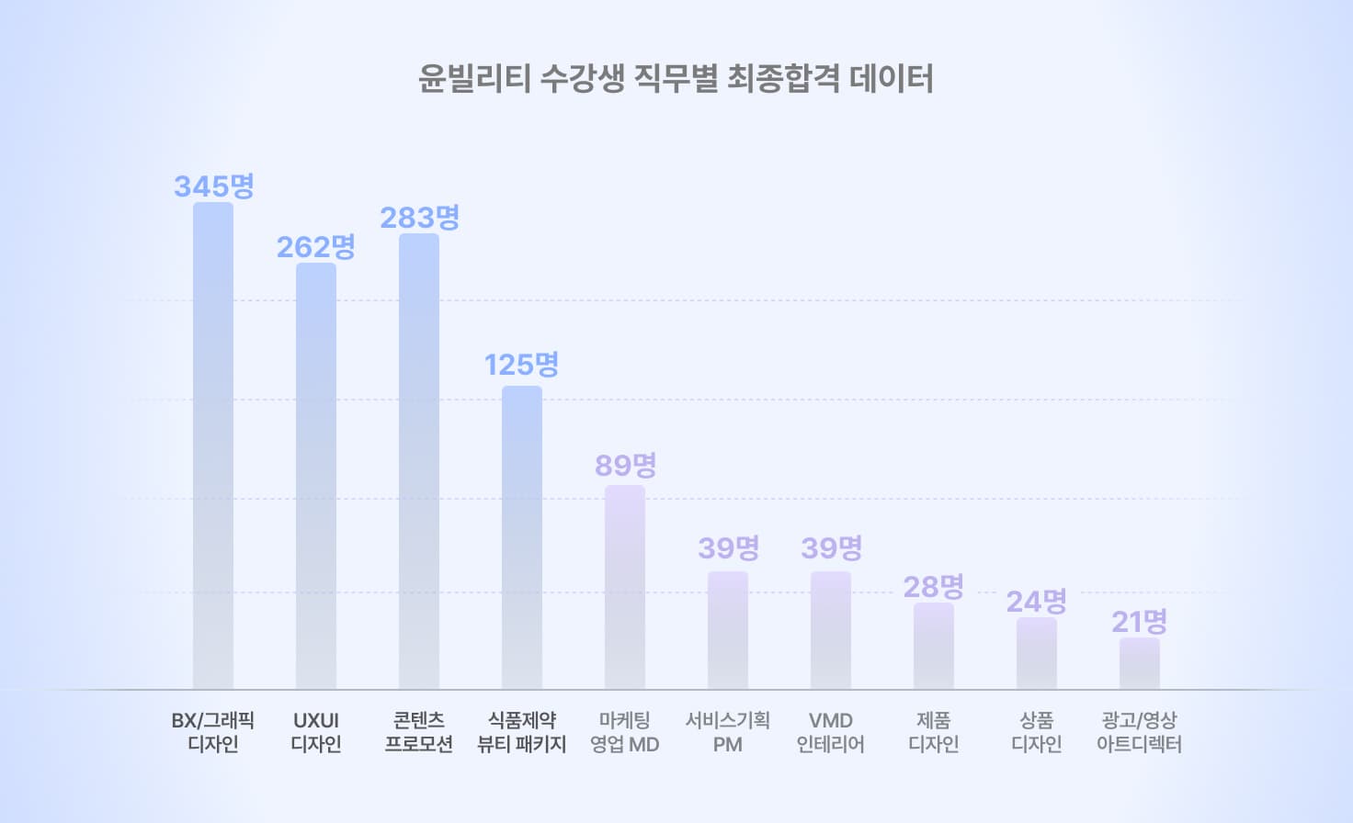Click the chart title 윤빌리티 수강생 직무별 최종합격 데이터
coord(676,78)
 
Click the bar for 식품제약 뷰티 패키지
coord(522,537)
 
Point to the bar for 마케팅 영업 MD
coord(625,587)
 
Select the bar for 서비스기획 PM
coord(728,630)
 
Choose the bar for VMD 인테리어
coord(831,630)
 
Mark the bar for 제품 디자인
coord(934,646)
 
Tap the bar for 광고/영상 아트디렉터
coord(1140,663)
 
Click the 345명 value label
coord(214,186)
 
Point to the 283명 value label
coord(420,218)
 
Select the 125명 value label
coord(522,365)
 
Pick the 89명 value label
coord(626,466)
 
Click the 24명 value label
coord(1037,602)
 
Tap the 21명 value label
coord(1140,622)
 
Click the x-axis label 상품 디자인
coord(1037,732)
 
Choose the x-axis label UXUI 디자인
coord(316,732)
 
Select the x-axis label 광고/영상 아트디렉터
coord(1140,732)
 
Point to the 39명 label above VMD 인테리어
coord(832,548)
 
